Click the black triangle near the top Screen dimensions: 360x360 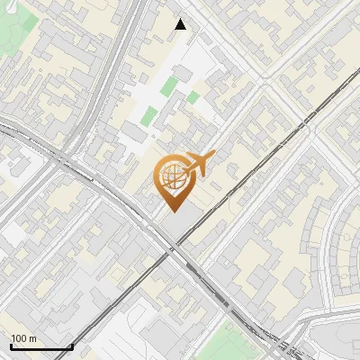[x=181, y=24]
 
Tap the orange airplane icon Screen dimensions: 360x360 [x=196, y=165]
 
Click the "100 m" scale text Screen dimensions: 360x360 [x=23, y=338]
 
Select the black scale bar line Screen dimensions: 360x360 [x=41, y=347]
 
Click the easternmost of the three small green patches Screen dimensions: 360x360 [x=193, y=96]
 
